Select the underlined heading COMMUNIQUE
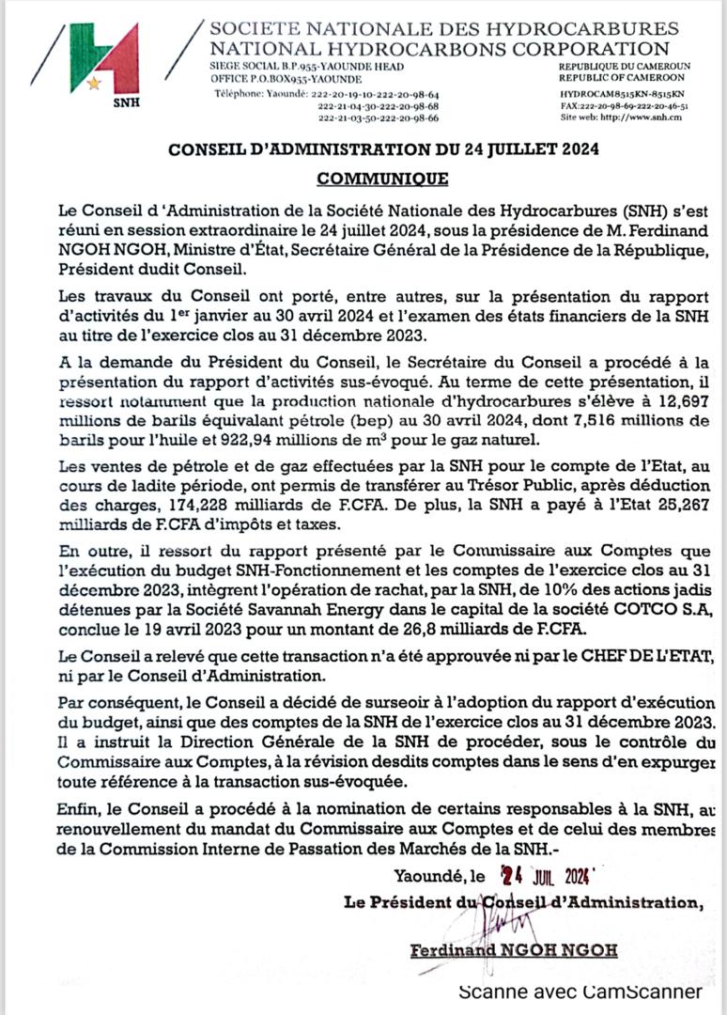pyautogui.click(x=382, y=179)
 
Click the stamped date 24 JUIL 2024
pyautogui.click(x=544, y=877)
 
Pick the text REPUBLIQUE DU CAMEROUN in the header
pyautogui.click(x=625, y=67)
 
